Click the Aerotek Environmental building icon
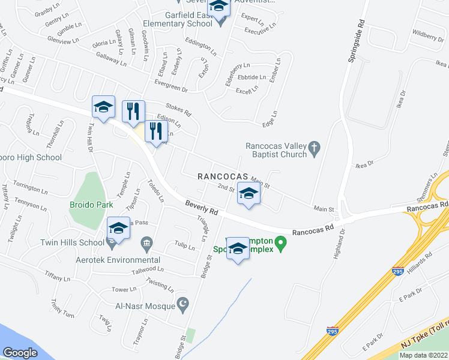[x=146, y=243]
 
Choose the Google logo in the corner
[x=20, y=352]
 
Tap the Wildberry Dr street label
[x=428, y=37]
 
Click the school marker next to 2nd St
[x=249, y=194]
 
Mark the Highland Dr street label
[x=338, y=242]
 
